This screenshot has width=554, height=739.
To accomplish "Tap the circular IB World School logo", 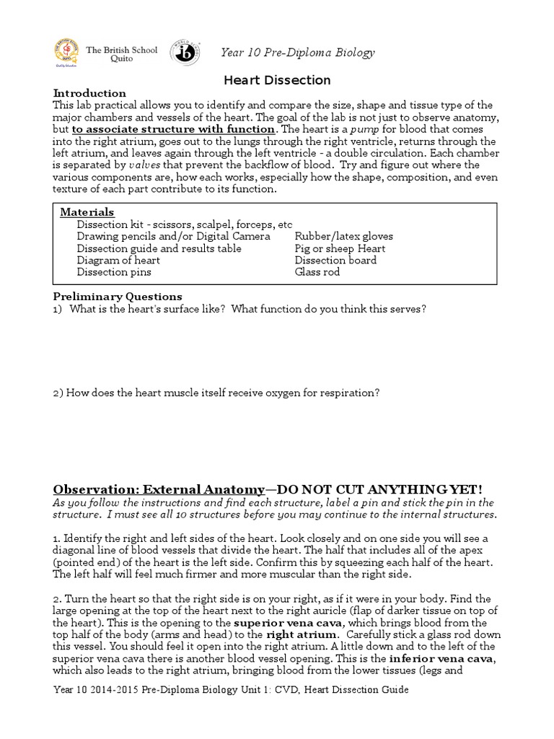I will click(x=185, y=53).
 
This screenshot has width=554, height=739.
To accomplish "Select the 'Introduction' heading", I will click(x=89, y=93).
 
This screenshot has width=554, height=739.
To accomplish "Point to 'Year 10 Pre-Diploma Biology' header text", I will click(x=297, y=53).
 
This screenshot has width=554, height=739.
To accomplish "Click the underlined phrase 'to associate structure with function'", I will click(x=173, y=129).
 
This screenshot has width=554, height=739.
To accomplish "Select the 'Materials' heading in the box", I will click(x=87, y=212).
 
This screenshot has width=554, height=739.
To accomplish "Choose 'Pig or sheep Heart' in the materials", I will click(x=340, y=248).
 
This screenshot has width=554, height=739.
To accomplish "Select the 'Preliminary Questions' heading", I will click(x=118, y=297).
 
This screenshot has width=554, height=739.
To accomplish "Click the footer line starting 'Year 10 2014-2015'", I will click(x=231, y=690).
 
